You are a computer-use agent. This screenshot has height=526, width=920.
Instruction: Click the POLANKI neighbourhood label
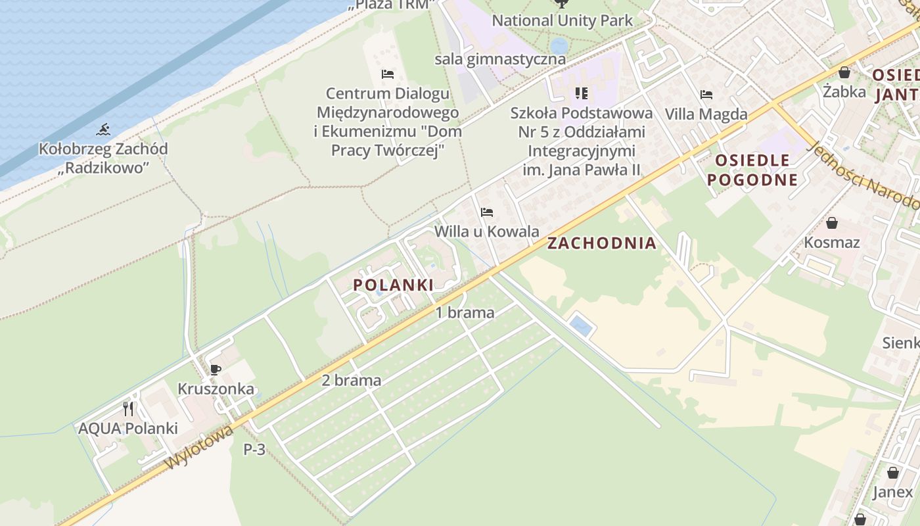(x=393, y=285)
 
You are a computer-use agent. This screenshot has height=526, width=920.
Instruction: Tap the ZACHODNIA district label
(x=602, y=243)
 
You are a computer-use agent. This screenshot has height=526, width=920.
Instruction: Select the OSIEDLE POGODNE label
(x=752, y=170)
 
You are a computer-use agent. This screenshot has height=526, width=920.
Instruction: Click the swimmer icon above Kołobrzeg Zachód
(x=103, y=130)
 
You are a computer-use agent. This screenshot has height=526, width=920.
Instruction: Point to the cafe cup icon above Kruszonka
(x=215, y=370)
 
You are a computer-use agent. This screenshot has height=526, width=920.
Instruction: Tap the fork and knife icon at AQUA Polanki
(x=128, y=409)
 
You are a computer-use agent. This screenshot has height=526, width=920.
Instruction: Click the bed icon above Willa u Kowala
(x=487, y=212)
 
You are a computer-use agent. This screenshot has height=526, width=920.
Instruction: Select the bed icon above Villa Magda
(x=706, y=95)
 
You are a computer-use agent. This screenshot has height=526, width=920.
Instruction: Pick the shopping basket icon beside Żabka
(x=844, y=72)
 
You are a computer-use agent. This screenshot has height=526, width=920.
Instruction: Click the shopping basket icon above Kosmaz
(x=832, y=223)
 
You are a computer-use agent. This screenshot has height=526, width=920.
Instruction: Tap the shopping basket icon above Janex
(x=892, y=472)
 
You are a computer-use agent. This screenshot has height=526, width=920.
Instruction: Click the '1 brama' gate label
(x=465, y=313)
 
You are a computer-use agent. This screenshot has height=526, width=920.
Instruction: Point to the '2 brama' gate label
(x=351, y=380)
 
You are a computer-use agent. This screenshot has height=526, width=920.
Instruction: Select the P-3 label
(x=254, y=450)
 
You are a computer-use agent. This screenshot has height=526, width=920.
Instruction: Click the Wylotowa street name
(x=199, y=447)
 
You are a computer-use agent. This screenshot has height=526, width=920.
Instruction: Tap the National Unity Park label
(x=562, y=20)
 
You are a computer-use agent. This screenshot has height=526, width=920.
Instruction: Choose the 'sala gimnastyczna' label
(x=499, y=59)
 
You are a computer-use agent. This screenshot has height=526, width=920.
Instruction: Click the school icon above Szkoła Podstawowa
(x=581, y=93)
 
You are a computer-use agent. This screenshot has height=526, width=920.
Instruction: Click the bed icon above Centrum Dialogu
(x=388, y=74)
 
